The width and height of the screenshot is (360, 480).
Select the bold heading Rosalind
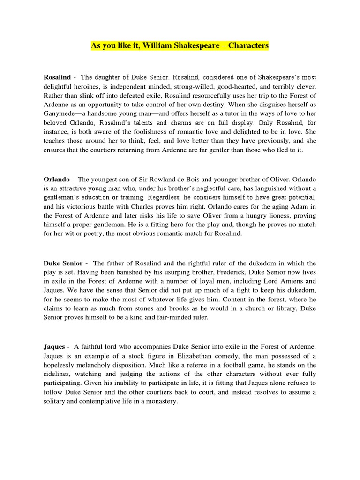(x=57, y=77)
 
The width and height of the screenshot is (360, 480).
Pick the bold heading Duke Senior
(x=63, y=263)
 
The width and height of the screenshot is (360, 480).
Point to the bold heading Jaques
(x=54, y=346)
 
